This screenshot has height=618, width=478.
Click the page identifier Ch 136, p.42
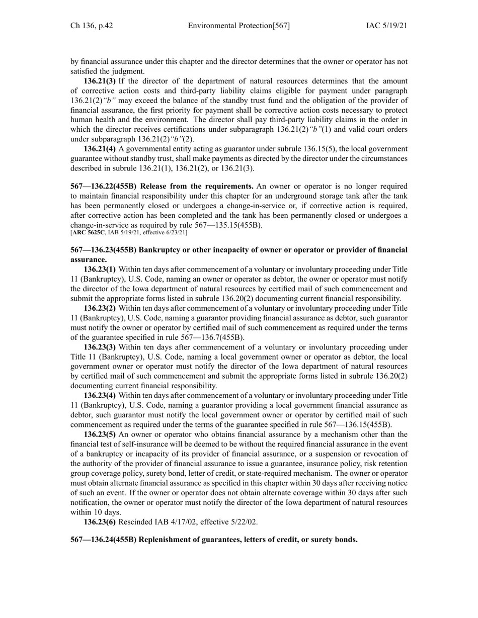click(92, 26)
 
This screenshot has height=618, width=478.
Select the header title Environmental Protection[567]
click(238, 26)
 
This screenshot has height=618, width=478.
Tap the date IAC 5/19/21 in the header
click(386, 26)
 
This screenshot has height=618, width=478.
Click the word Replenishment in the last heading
click(165, 540)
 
